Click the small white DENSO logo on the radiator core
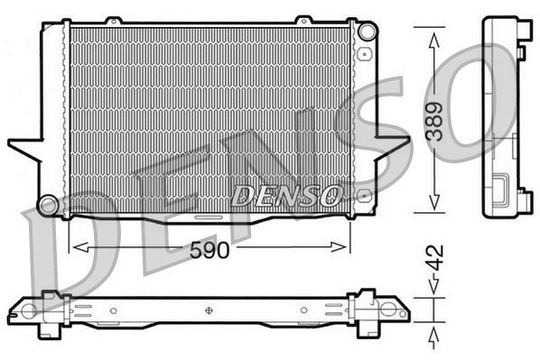(x=286, y=193)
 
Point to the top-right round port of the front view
(x=365, y=32)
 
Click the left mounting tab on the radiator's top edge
(x=112, y=20)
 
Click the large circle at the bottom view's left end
(x=29, y=310)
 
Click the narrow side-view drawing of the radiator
(x=506, y=117)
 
